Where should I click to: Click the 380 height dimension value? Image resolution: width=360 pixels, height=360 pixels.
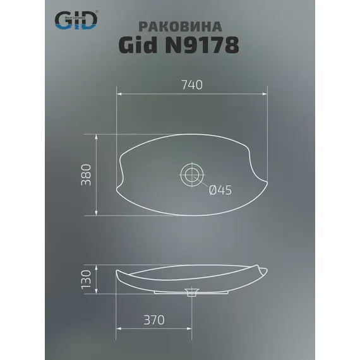click(87, 174)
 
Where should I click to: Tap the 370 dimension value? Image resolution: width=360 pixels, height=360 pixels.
click(153, 320)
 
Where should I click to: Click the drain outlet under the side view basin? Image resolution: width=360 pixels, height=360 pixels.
click(190, 292)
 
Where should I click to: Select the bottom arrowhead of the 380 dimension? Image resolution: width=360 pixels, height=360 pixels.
click(96, 213)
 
